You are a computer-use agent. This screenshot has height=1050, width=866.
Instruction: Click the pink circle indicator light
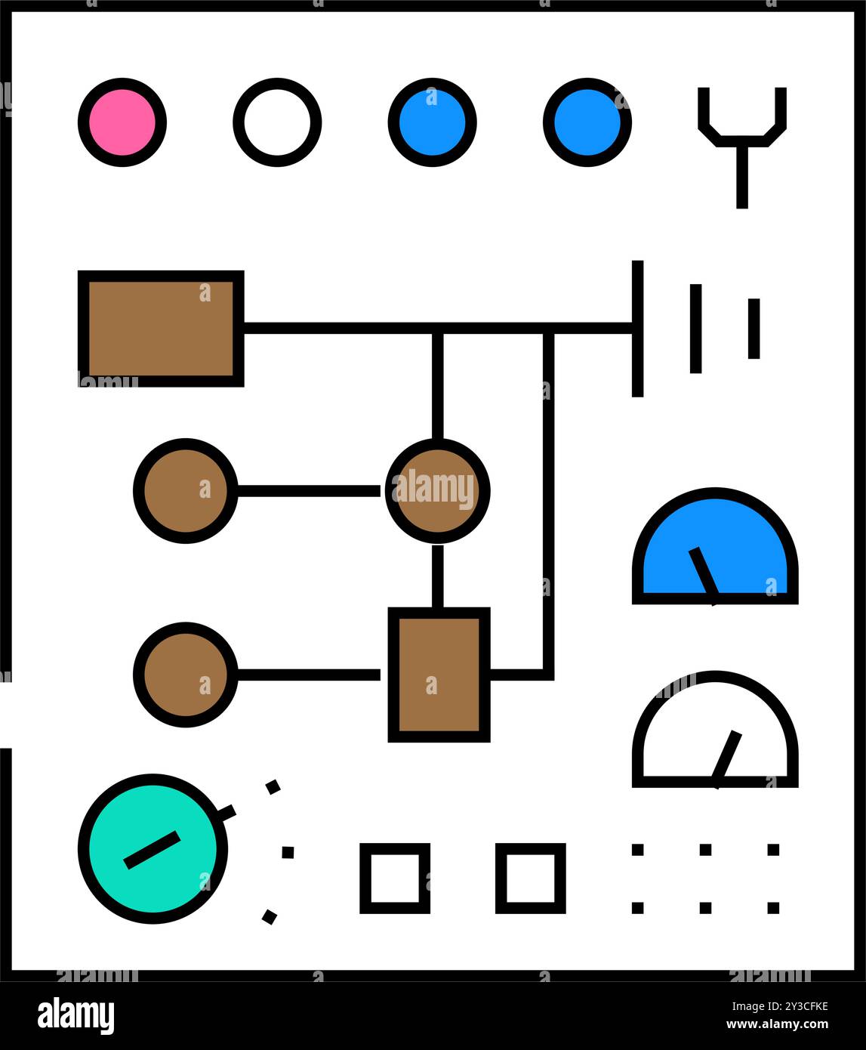pos(122,122)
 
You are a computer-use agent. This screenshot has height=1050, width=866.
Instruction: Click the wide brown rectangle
pos(161,329)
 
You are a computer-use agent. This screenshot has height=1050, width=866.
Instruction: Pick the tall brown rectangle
pos(439,675)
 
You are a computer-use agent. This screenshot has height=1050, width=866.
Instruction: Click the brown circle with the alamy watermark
pos(437,491)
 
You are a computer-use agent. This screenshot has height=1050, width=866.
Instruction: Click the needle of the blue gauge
pos(704,576)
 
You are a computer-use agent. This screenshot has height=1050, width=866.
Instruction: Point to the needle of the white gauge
pos(726,759)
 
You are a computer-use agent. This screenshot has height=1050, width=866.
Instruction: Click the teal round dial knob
pos(153,849)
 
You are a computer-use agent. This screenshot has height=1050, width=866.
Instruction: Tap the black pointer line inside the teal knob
pos(152,850)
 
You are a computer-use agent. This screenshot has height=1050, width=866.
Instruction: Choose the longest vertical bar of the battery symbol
pos(637,329)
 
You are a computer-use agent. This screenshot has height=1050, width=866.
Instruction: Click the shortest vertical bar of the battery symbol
pos(754,329)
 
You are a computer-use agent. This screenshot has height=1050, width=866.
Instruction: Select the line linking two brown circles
pos(309,491)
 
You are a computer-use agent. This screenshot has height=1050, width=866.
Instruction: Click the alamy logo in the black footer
pos(76,1013)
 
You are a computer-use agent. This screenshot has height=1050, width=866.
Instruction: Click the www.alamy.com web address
pos(777,1024)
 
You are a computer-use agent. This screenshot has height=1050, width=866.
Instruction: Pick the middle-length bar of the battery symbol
pos(695,329)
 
